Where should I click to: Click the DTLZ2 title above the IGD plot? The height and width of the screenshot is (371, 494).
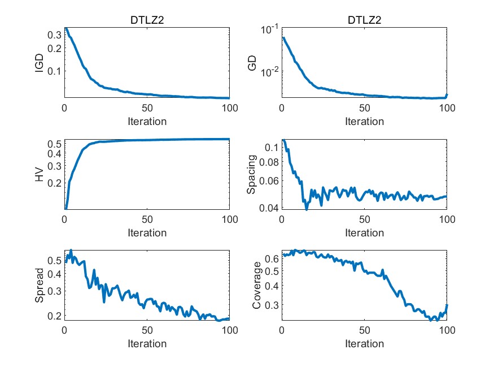[x=147, y=21]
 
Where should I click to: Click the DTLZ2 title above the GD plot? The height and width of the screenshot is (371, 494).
[x=364, y=21]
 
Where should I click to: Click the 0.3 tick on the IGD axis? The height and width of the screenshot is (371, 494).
[x=54, y=35]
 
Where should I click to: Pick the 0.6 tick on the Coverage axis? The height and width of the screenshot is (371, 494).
[x=271, y=258]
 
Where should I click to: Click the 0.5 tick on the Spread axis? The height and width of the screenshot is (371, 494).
[x=54, y=260]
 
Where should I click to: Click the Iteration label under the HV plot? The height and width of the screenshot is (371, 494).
[x=147, y=232]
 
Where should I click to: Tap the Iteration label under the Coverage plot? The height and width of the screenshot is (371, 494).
[x=364, y=344]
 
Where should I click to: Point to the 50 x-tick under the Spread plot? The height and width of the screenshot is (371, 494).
[x=147, y=330]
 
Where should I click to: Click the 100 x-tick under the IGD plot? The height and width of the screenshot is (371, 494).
[x=229, y=108]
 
